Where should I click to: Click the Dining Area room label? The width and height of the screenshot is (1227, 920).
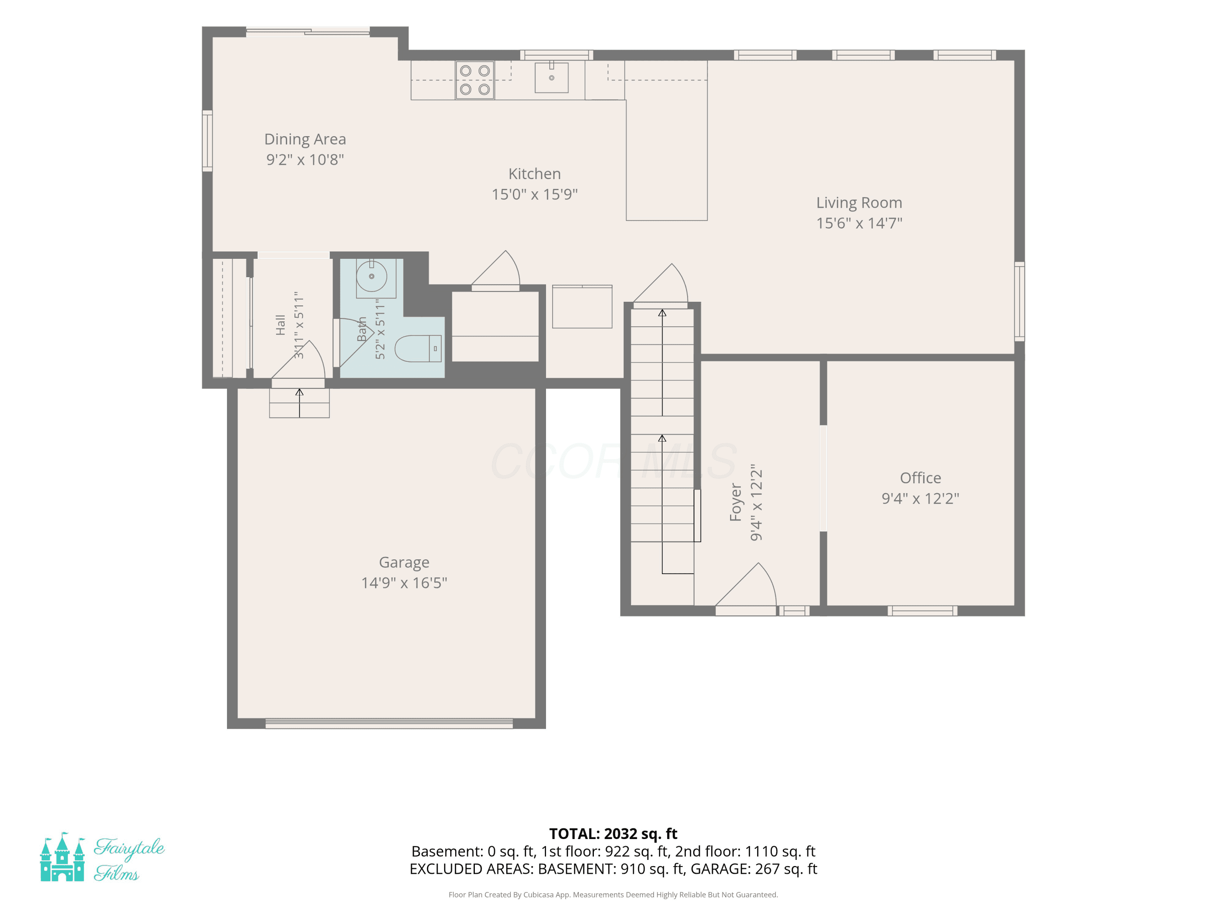305,139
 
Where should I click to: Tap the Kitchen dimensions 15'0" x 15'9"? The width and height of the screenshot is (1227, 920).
535,194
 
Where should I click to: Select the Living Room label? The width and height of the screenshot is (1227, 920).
859,203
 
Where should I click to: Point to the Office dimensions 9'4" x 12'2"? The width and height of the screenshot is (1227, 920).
920,498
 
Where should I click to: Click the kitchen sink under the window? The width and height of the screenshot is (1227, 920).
551,78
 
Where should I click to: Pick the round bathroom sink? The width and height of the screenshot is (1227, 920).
372,276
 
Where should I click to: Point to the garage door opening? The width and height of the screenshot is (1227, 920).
389,723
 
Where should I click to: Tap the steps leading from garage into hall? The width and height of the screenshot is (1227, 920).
299,403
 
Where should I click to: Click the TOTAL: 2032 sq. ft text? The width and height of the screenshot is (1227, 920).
613,833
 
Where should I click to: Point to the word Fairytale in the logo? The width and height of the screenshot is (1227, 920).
129,848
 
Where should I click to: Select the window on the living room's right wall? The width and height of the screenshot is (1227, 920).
1020,301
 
